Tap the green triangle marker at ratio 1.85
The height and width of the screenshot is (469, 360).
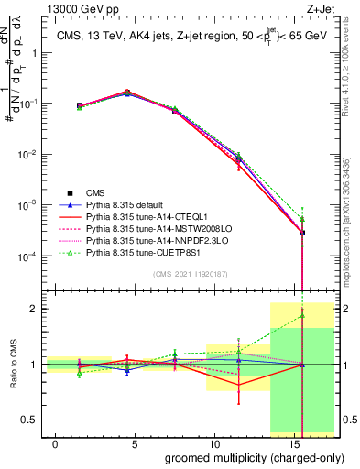pyautogui.click(x=301, y=317)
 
